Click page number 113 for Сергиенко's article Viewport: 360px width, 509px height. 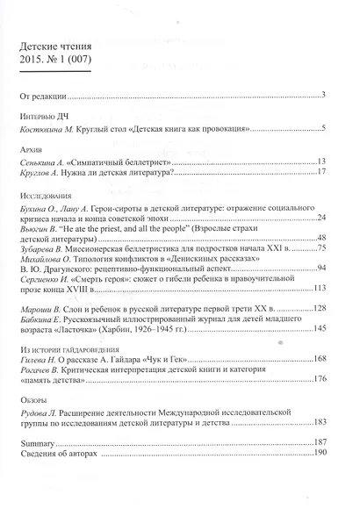tap(319, 287)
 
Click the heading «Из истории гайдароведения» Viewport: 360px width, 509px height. tap(75, 351)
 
